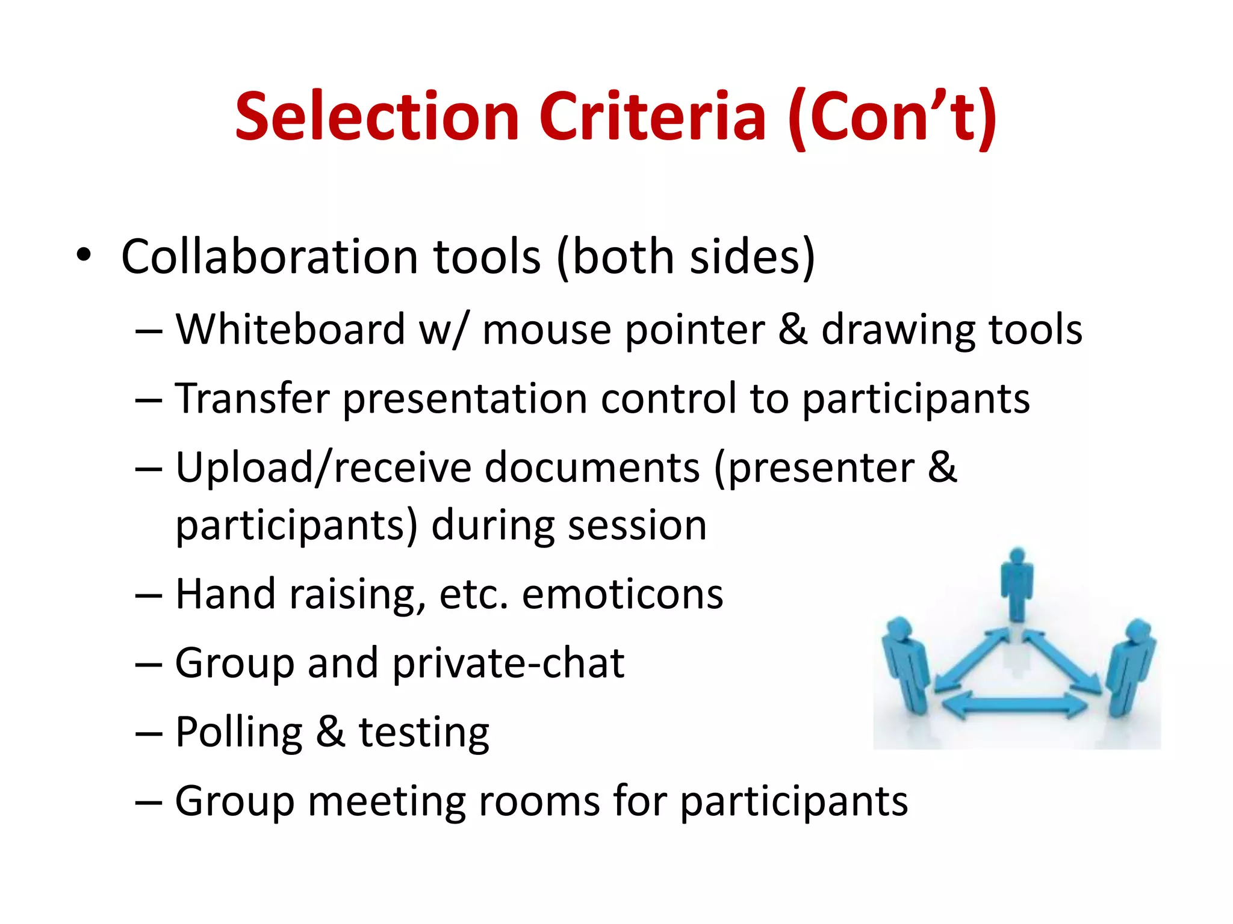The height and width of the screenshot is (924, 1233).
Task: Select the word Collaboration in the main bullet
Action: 269,257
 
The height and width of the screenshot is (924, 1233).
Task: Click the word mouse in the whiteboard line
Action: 547,331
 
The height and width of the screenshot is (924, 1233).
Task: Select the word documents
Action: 592,467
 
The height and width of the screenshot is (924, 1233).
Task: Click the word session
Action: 637,525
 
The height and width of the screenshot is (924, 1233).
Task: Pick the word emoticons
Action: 623,594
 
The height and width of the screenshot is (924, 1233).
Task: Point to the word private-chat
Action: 509,664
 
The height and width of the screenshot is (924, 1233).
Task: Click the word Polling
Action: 239,733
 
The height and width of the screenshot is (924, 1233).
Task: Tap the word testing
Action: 424,733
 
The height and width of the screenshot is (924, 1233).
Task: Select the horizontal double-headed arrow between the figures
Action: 1017,705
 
